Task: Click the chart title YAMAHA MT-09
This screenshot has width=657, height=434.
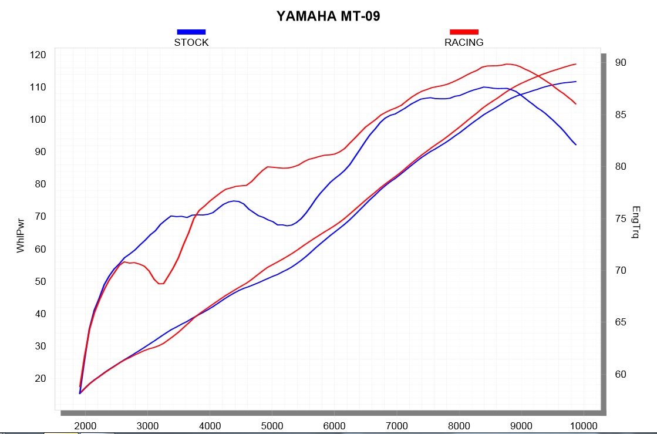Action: pyautogui.click(x=328, y=16)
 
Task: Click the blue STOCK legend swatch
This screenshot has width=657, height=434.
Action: pyautogui.click(x=191, y=32)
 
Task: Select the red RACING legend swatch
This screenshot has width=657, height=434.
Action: pyautogui.click(x=464, y=32)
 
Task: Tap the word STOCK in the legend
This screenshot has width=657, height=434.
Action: pyautogui.click(x=191, y=42)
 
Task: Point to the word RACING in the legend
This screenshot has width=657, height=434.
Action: pyautogui.click(x=464, y=42)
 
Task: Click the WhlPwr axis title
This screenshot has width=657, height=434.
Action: pyautogui.click(x=21, y=233)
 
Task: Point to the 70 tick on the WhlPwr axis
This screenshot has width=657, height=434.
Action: pyautogui.click(x=41, y=217)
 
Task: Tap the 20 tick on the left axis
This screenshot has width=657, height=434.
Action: pyautogui.click(x=41, y=378)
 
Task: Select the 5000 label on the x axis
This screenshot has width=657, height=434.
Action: pyautogui.click(x=272, y=425)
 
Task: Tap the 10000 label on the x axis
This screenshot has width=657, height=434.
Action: pyautogui.click(x=583, y=425)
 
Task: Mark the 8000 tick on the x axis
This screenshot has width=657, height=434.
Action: pyautogui.click(x=459, y=425)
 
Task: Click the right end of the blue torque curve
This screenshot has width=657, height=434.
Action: pyautogui.click(x=576, y=144)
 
